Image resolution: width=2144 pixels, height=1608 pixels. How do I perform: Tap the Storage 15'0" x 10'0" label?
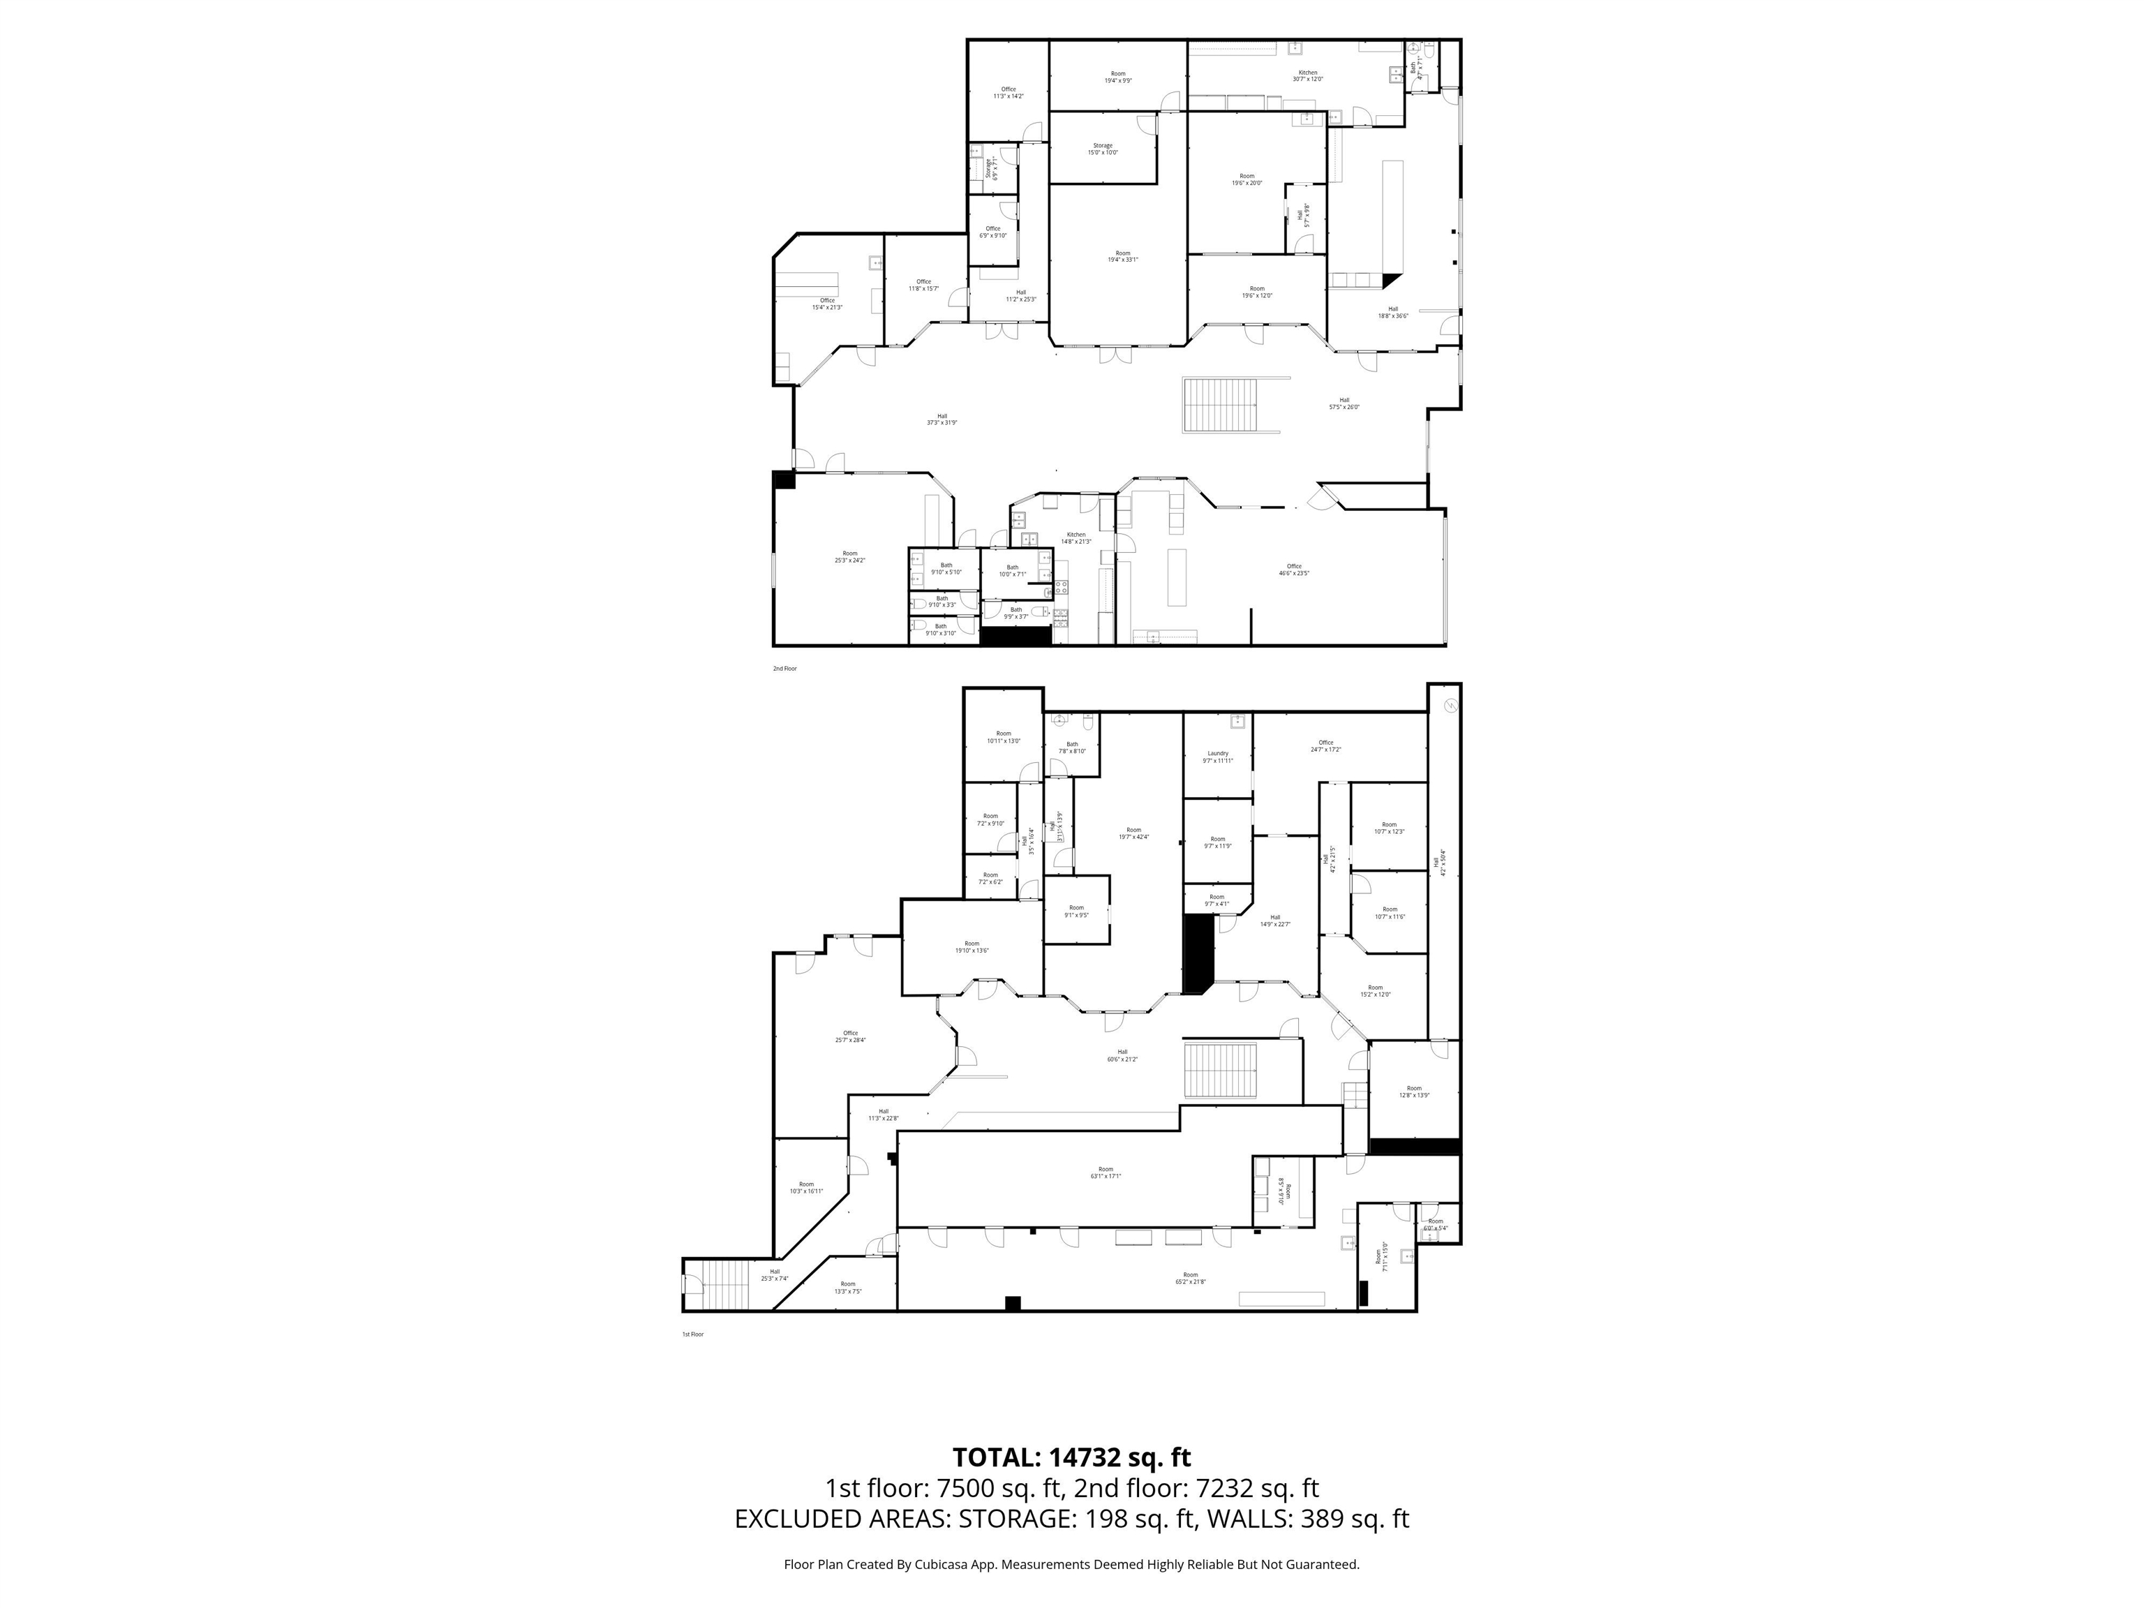tap(1102, 148)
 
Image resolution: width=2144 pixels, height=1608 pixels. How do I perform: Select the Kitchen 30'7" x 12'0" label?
tap(1307, 75)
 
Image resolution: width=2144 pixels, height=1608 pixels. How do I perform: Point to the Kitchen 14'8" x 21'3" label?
tap(1076, 538)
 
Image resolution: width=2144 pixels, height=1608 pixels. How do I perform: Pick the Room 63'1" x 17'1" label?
tap(1106, 1172)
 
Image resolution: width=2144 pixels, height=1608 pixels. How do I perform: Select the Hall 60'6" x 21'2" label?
tap(1122, 1055)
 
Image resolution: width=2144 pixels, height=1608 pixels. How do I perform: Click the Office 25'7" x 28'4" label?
tap(850, 1036)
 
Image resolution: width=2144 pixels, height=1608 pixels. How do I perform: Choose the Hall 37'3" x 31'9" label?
tap(941, 419)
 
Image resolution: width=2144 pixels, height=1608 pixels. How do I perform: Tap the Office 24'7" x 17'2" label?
tap(1325, 746)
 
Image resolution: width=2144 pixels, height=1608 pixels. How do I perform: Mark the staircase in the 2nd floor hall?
tap(1219, 405)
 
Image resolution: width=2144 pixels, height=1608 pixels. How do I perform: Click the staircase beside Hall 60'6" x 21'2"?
tap(1220, 1071)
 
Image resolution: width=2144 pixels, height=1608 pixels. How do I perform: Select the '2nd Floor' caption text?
tap(784, 669)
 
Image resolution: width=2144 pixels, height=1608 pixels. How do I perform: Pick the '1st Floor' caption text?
tap(692, 1334)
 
